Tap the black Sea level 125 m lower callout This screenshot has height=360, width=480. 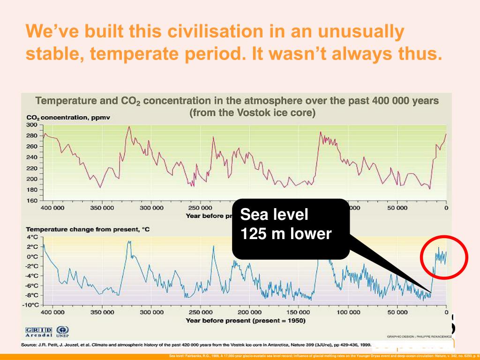[x=291, y=228]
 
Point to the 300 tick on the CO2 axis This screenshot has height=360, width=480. [x=31, y=125]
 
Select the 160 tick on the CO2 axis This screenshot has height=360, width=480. [x=31, y=201]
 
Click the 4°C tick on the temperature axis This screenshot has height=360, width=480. [x=32, y=237]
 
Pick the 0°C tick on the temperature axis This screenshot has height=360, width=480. [x=32, y=256]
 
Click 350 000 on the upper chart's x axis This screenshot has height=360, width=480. [x=102, y=208]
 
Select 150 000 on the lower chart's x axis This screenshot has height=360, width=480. [x=299, y=312]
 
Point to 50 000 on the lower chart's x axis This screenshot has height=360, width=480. [x=397, y=312]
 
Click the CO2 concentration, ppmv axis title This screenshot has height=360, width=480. [x=68, y=117]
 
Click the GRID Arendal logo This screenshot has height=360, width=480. [x=38, y=332]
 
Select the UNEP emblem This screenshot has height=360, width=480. [x=62, y=332]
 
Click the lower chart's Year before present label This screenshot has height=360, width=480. [x=245, y=321]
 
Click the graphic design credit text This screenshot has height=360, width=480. [x=417, y=336]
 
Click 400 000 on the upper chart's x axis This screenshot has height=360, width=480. [x=52, y=208]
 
